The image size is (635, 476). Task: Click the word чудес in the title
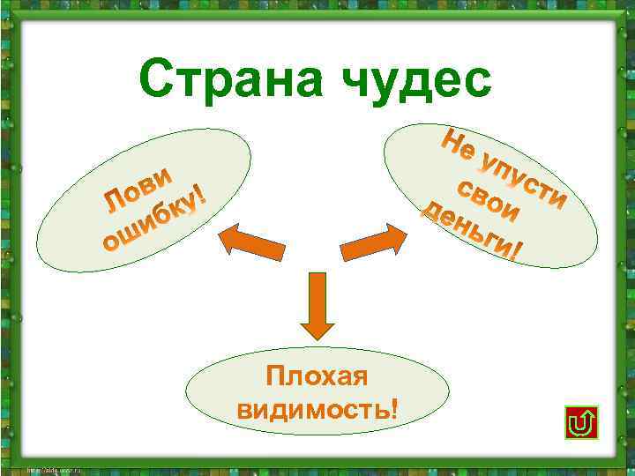pyautogui.click(x=418, y=82)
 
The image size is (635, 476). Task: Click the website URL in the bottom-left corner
pyautogui.click(x=52, y=469)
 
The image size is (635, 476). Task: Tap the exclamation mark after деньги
pyautogui.click(x=519, y=254)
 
